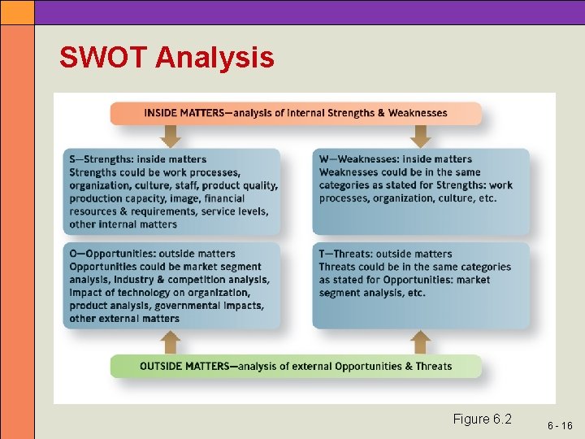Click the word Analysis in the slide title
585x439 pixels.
click(214, 59)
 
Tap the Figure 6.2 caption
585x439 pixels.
click(482, 419)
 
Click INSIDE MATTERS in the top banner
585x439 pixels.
click(184, 113)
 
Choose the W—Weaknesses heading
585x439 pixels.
click(395, 159)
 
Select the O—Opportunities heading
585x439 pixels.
click(152, 254)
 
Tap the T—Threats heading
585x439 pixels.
click(385, 254)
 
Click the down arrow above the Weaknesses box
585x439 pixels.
click(419, 137)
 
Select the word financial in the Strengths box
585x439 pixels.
click(224, 198)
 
